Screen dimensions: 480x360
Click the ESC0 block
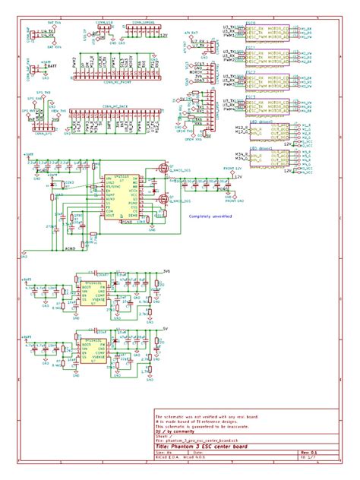pyautogui.click(x=270, y=32)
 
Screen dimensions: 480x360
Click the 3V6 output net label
pyautogui.click(x=166, y=270)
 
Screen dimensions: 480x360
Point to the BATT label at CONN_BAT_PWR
pyautogui.click(x=51, y=67)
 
